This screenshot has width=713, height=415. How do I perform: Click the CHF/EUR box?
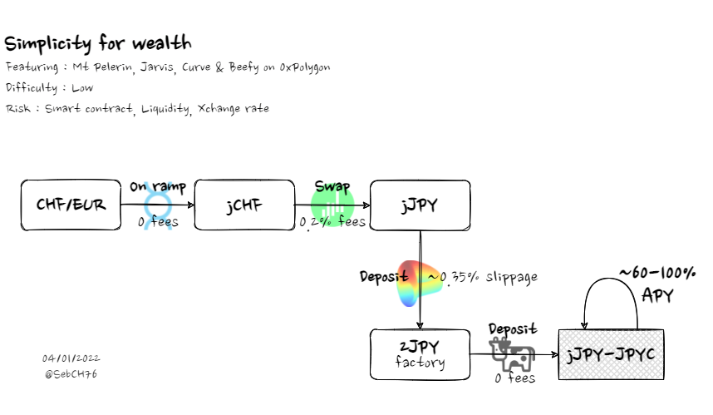click(x=71, y=205)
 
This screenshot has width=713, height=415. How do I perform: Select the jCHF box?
click(x=244, y=205)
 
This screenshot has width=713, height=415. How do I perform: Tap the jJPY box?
click(x=420, y=205)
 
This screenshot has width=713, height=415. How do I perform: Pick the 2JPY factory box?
click(x=420, y=355)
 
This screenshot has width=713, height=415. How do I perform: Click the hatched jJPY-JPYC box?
click(x=610, y=355)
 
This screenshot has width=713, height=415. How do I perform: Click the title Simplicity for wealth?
click(x=99, y=42)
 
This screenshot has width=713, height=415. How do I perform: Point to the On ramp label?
click(x=158, y=187)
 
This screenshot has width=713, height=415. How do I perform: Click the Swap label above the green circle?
click(x=332, y=186)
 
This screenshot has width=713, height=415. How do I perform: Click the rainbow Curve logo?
click(x=420, y=281)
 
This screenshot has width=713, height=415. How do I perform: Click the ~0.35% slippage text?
click(x=482, y=277)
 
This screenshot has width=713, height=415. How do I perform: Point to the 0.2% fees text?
click(x=332, y=223)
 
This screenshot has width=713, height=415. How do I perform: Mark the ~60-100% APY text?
click(x=656, y=283)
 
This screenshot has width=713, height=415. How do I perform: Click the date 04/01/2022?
click(x=71, y=358)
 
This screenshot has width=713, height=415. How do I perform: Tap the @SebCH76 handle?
click(x=71, y=374)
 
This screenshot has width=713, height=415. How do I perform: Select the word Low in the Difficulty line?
click(x=82, y=87)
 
